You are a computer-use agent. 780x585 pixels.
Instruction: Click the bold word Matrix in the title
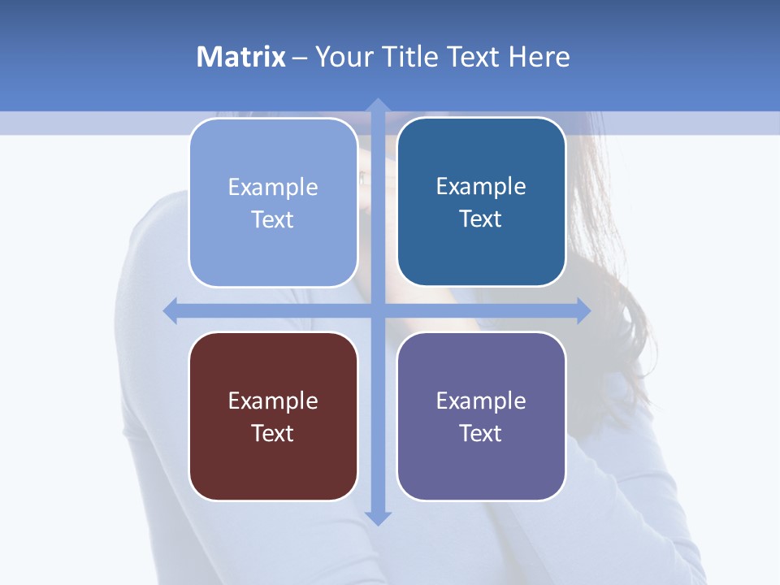241,57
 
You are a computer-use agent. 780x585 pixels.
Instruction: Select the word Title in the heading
412,57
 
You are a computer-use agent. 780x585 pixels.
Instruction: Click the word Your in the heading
344,57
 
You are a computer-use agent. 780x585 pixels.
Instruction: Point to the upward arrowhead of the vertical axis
378,106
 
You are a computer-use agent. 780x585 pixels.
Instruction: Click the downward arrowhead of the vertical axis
378,518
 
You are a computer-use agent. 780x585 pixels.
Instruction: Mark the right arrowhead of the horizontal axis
583,310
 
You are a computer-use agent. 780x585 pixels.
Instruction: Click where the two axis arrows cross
378,310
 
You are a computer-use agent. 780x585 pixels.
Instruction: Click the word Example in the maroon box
273,401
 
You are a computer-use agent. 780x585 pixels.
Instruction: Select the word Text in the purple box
481,433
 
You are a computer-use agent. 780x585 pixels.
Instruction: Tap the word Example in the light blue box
273,188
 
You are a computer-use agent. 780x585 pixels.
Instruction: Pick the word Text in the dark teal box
481,219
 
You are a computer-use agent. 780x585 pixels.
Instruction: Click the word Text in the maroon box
273,433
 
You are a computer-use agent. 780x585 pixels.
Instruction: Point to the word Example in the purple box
481,401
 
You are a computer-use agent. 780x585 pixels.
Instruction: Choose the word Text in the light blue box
273,220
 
